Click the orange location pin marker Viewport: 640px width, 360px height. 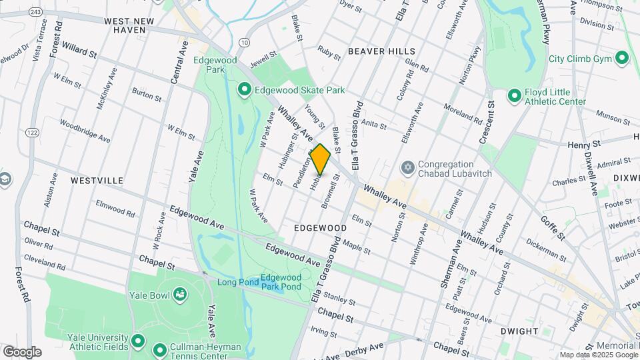[x=321, y=159]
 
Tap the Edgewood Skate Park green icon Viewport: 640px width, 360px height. [x=245, y=89]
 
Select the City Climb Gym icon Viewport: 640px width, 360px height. [x=623, y=59]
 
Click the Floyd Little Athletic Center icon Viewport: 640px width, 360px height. [x=514, y=97]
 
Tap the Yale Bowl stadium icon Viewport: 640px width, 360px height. [x=179, y=294]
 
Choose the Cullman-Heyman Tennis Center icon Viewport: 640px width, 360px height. [x=160, y=350]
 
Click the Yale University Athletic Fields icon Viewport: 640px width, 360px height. [x=138, y=341]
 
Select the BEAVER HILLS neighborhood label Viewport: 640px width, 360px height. [x=381, y=51]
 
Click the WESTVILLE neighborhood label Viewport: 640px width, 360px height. [x=97, y=181]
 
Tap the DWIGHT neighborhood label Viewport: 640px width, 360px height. [x=519, y=331]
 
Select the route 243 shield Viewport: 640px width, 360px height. [x=36, y=13]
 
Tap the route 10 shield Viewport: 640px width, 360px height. [x=245, y=42]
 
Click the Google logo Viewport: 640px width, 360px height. [x=22, y=352]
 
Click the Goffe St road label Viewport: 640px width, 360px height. [x=553, y=227]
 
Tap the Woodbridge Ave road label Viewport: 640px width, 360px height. [x=85, y=131]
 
